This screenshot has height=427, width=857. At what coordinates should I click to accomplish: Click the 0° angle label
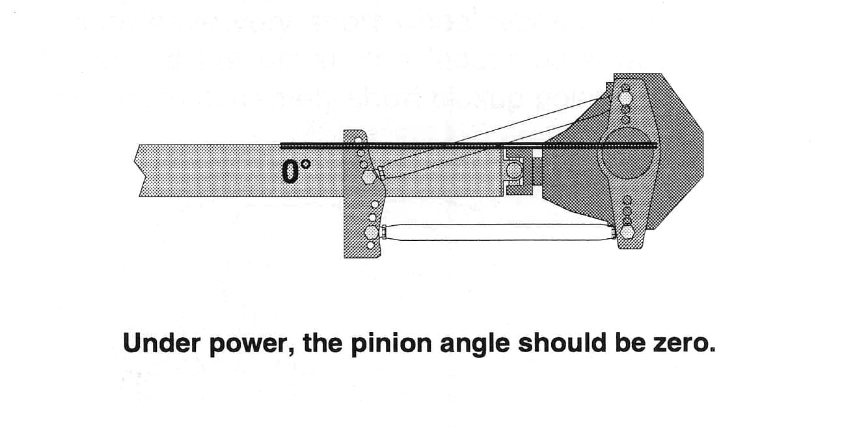tap(296, 171)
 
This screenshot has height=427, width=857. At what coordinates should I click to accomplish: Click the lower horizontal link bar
tap(498, 232)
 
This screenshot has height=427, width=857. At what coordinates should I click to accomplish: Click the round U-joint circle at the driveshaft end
tap(514, 171)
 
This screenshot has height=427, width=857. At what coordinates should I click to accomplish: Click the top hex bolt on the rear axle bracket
tap(625, 98)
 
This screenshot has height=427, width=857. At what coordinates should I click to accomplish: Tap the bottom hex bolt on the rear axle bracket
tap(627, 231)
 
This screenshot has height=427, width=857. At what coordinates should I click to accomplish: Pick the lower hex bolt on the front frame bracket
tap(371, 232)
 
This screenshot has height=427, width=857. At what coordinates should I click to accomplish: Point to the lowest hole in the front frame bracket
tap(371, 245)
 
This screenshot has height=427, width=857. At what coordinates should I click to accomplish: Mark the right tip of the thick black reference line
tap(655, 145)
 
